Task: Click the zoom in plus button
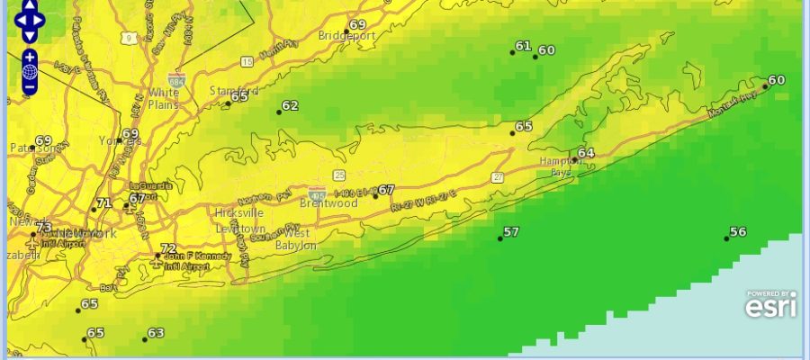[30, 57]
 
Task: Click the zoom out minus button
[30, 87]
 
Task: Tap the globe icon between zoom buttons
[30, 72]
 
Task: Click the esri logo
[770, 306]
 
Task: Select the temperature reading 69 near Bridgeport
[357, 24]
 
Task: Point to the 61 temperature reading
[523, 46]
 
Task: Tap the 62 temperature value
[289, 105]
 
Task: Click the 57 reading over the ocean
[510, 232]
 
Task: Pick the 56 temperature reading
[737, 232]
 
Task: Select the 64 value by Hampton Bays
[586, 153]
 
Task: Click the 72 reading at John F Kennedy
[167, 248]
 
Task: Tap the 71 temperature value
[103, 203]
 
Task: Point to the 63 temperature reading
[156, 333]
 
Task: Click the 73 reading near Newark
[43, 228]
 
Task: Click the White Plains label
[164, 98]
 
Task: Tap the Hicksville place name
[238, 213]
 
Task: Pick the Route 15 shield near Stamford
[247, 61]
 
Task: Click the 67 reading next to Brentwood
[386, 190]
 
